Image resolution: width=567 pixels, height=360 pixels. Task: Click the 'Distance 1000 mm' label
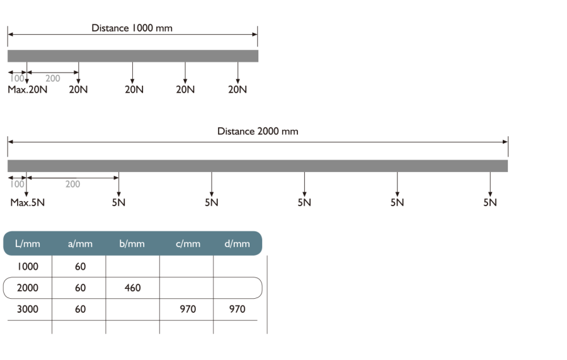point(131,28)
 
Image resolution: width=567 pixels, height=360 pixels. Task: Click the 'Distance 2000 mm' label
point(257,131)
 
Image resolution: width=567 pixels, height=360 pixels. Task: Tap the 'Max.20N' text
point(28,90)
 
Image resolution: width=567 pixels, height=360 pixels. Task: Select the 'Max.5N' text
point(28,202)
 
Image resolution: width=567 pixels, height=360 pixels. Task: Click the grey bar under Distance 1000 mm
point(132,56)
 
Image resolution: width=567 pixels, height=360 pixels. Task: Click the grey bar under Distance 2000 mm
point(257,166)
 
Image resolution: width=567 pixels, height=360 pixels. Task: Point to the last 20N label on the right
point(238,90)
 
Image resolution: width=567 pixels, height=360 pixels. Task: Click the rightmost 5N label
point(490,202)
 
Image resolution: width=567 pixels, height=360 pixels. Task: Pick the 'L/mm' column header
point(27,243)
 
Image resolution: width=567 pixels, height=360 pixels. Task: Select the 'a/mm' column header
point(79,243)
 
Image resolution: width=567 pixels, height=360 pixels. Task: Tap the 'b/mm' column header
point(132,243)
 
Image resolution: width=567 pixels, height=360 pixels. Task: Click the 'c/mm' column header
point(188,243)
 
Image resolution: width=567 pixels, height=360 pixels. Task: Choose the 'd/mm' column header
point(237,243)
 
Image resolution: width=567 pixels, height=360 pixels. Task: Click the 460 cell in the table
point(132,288)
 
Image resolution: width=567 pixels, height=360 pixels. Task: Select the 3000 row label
point(28,309)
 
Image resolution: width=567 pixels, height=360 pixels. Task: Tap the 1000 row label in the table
point(28,267)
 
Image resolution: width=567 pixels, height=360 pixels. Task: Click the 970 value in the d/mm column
point(237,309)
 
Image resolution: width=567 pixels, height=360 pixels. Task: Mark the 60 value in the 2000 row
point(80,288)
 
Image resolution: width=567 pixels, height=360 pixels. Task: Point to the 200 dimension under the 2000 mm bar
point(72,184)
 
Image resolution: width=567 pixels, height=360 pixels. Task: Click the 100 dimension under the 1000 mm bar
point(18,78)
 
